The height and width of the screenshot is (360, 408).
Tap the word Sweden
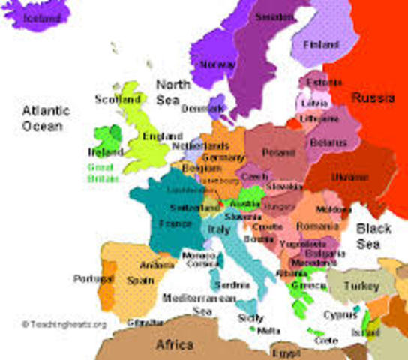pyautogui.click(x=274, y=16)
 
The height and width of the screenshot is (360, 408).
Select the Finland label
pyautogui.click(x=321, y=45)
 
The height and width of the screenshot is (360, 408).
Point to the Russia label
pyautogui.click(x=373, y=97)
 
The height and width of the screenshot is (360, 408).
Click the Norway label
pyautogui.click(x=217, y=64)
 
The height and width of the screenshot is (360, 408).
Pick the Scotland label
pyautogui.click(x=118, y=99)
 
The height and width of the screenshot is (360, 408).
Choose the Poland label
pyautogui.click(x=277, y=153)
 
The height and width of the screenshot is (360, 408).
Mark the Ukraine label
pyautogui.click(x=350, y=178)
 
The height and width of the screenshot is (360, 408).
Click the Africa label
pyautogui.click(x=175, y=346)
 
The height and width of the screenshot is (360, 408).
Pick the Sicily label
pyautogui.click(x=250, y=318)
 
